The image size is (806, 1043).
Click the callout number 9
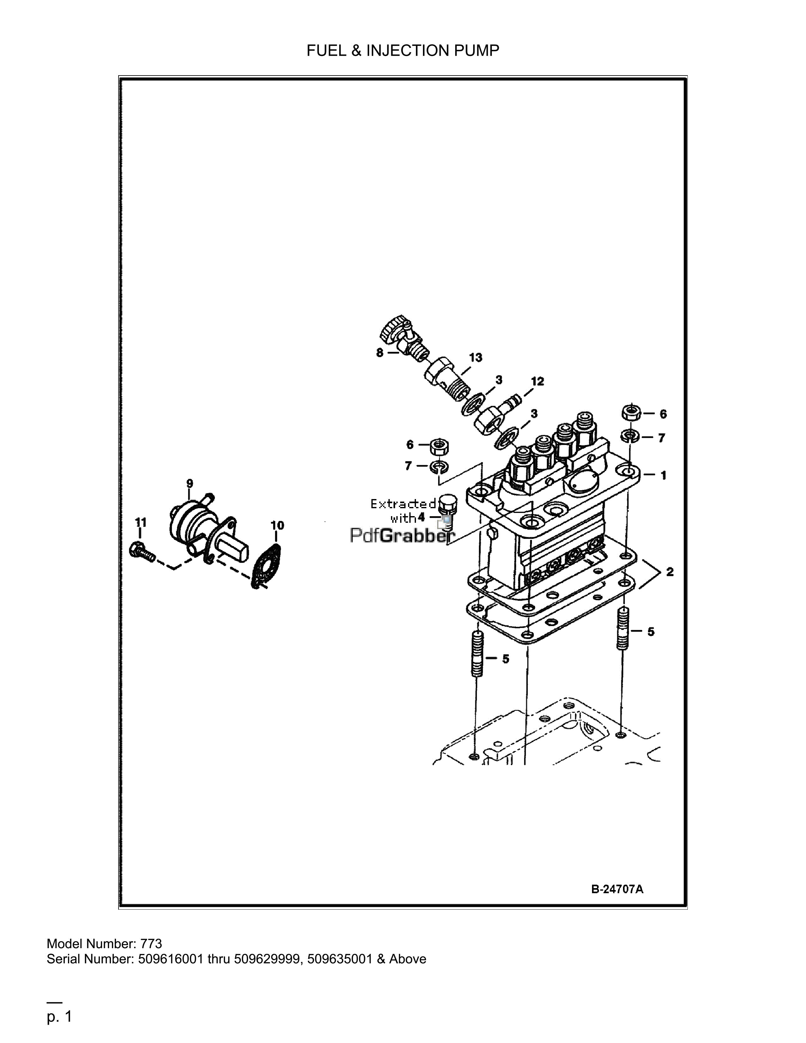pos(190,483)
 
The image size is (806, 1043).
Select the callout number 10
pos(277,525)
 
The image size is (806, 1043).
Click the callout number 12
pos(537,381)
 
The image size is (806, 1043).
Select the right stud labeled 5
pos(624,628)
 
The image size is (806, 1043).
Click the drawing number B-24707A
pos(617,889)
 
